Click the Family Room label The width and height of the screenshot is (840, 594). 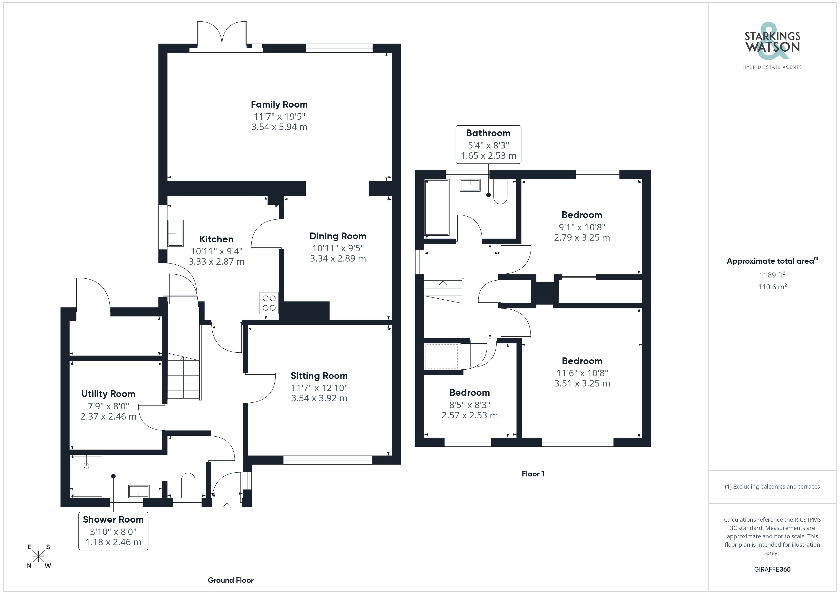(x=279, y=105)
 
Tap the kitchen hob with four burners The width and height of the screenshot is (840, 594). (x=269, y=303)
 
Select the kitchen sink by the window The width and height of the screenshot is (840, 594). (x=175, y=233)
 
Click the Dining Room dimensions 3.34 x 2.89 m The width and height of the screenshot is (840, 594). (x=338, y=259)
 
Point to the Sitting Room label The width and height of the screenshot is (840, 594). (x=319, y=376)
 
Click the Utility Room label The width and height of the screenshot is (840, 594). (x=108, y=394)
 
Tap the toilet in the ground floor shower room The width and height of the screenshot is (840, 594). (x=188, y=486)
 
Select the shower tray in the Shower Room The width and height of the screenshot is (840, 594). (x=86, y=476)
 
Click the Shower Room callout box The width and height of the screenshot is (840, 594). (x=113, y=531)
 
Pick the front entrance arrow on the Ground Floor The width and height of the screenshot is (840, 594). (x=227, y=507)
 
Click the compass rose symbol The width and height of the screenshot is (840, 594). (x=38, y=557)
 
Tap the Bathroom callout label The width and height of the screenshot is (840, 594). (x=488, y=144)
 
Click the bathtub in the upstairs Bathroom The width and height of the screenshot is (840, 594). (x=437, y=207)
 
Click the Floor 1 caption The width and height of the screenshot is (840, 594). (x=533, y=474)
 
